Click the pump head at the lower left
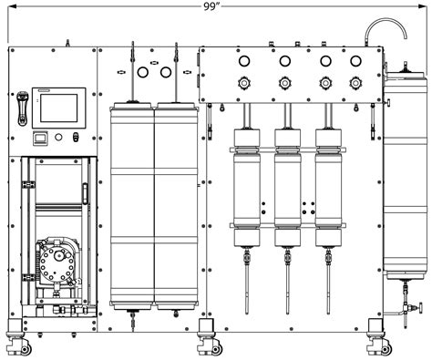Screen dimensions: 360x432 [57, 265]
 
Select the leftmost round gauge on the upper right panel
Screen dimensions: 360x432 [243, 61]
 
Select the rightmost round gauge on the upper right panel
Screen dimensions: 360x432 [367, 61]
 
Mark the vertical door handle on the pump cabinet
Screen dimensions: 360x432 [85, 197]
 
